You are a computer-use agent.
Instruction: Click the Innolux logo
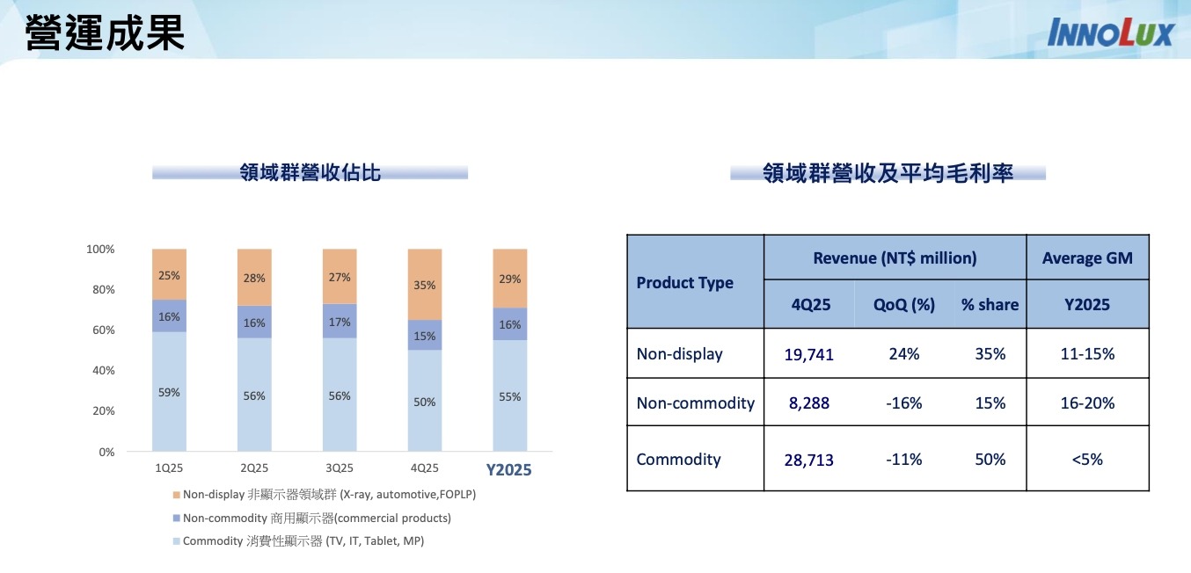click(x=1110, y=33)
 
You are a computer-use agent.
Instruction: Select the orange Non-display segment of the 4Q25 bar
click(x=425, y=285)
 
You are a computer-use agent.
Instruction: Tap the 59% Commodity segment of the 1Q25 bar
click(x=169, y=392)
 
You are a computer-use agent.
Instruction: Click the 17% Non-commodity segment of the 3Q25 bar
click(x=340, y=322)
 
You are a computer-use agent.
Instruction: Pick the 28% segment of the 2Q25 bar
click(x=254, y=278)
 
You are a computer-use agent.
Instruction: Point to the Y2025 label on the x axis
click(x=509, y=469)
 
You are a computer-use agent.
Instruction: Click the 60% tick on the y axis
click(x=101, y=330)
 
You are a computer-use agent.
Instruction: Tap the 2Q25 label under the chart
click(x=254, y=468)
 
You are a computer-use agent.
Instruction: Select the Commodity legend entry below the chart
click(x=303, y=541)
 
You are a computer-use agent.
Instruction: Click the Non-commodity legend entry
click(x=317, y=519)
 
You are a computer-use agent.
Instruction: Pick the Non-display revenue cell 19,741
click(x=809, y=354)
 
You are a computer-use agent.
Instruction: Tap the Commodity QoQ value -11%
click(x=904, y=460)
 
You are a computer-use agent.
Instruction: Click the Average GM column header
click(x=1087, y=258)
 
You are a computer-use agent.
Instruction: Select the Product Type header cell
click(x=684, y=283)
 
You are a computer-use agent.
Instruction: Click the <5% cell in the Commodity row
click(x=1087, y=460)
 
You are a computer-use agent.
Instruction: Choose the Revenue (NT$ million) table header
click(x=895, y=258)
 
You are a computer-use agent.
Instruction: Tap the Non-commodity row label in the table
click(x=695, y=403)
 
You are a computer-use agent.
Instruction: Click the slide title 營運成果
click(x=105, y=33)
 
